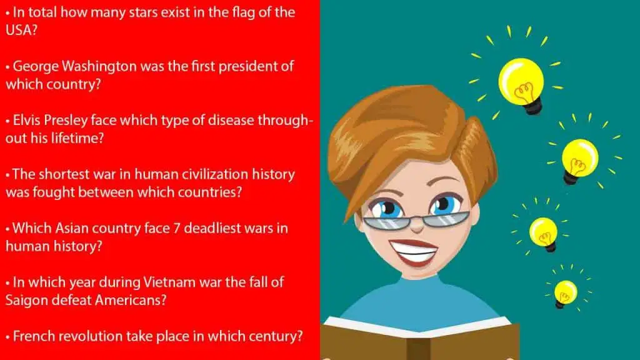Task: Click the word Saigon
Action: (26, 299)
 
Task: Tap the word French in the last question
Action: (33, 336)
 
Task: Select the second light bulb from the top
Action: (579, 160)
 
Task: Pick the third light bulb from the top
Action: (544, 233)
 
